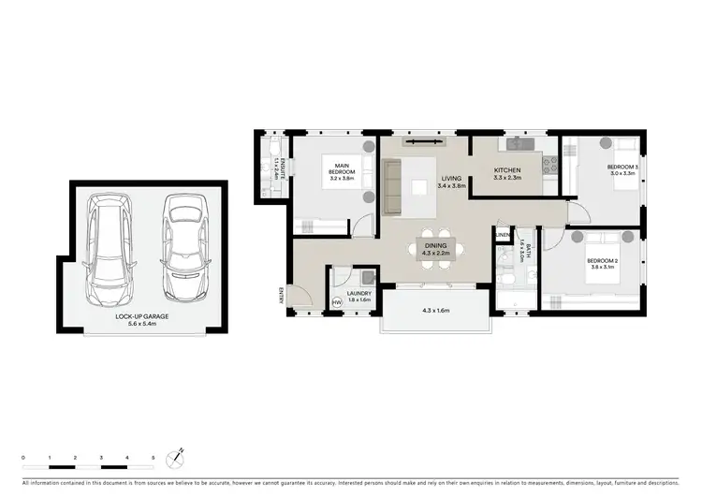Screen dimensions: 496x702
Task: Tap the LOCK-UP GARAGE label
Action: click(x=142, y=317)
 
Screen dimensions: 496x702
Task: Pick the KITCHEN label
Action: click(x=508, y=170)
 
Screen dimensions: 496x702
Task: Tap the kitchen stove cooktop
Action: click(x=548, y=165)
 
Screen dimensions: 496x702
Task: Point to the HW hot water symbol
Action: click(x=337, y=301)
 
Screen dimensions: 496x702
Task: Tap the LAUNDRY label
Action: click(x=359, y=294)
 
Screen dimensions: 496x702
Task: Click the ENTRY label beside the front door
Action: click(x=279, y=296)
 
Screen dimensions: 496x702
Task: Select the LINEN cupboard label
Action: click(x=502, y=234)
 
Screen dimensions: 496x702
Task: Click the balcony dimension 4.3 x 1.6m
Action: click(x=436, y=310)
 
